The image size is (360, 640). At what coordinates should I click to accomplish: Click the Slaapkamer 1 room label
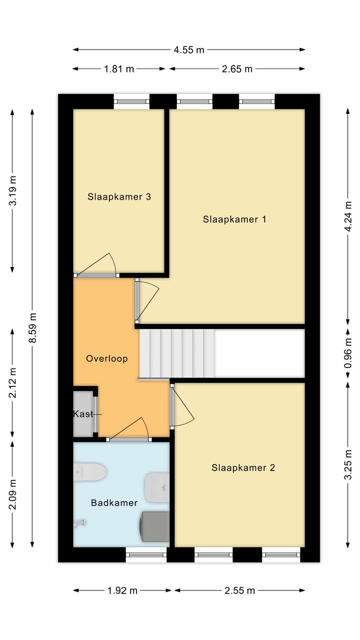pos(234,219)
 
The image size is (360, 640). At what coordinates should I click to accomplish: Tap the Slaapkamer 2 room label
pos(243,468)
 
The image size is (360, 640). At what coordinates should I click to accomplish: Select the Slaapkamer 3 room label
pos(119,196)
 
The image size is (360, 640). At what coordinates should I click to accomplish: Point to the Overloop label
pos(106,358)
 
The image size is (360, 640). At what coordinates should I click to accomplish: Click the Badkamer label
pos(114,502)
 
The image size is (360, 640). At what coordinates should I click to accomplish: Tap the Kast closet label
pos(83,413)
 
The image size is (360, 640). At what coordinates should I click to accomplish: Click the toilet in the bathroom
pos(90,471)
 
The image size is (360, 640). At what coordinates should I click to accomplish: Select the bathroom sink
pos(157,487)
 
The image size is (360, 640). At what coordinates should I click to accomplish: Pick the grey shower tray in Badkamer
pos(155,526)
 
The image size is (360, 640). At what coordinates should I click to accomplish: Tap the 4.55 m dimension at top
pos(189,49)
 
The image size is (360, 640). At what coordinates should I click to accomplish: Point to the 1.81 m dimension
pos(119,69)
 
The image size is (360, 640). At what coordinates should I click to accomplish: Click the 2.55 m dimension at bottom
pos(240,590)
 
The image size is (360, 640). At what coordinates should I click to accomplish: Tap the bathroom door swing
pos(130,430)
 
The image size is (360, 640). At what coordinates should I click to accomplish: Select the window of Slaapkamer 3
pos(131,101)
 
